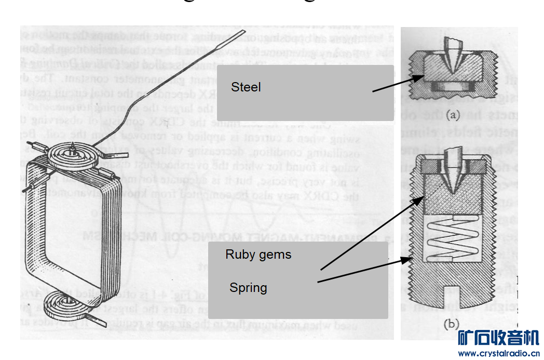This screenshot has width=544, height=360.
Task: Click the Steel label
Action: click(x=246, y=87)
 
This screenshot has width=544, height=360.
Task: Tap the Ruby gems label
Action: click(x=258, y=255)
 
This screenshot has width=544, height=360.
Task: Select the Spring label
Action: click(x=248, y=288)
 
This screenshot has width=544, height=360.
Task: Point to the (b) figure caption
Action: click(x=450, y=324)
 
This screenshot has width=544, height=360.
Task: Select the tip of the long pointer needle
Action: click(x=243, y=33)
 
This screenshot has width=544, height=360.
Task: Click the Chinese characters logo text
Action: click(x=498, y=338)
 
